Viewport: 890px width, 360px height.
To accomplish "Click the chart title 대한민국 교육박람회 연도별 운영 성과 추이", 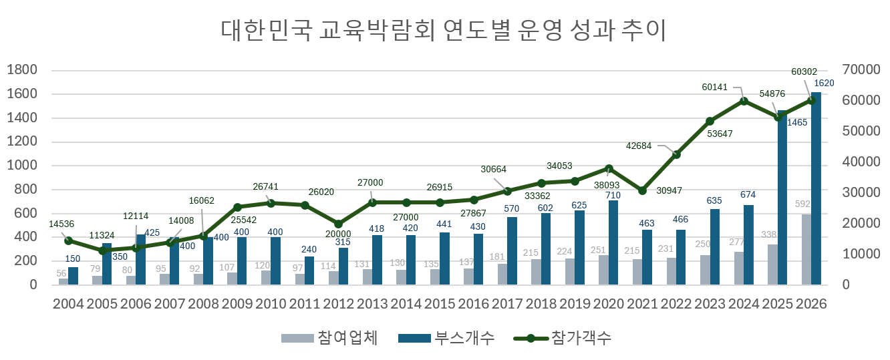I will click(x=444, y=31).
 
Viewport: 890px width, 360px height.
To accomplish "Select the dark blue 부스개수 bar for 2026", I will click(x=817, y=194).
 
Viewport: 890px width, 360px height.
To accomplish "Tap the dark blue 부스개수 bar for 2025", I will click(x=782, y=200).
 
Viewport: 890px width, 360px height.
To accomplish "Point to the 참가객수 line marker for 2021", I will click(x=642, y=190).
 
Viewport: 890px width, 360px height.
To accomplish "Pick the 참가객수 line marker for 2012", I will click(x=338, y=224).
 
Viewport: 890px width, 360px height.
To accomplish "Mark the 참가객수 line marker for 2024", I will click(x=744, y=101).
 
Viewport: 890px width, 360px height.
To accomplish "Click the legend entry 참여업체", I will click(x=330, y=338).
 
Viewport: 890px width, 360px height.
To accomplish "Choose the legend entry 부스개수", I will click(x=446, y=338).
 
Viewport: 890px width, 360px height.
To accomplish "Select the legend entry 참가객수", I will click(x=562, y=338).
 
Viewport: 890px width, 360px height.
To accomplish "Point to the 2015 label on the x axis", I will click(x=440, y=304).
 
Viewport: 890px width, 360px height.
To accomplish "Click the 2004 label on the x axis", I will click(x=68, y=304).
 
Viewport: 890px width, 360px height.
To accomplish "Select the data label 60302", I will click(x=804, y=71).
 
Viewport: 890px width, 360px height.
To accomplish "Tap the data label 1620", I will click(x=824, y=83).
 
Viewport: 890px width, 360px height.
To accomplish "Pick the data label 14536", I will click(x=62, y=224).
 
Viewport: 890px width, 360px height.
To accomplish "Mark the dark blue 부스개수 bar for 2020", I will click(x=613, y=242).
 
